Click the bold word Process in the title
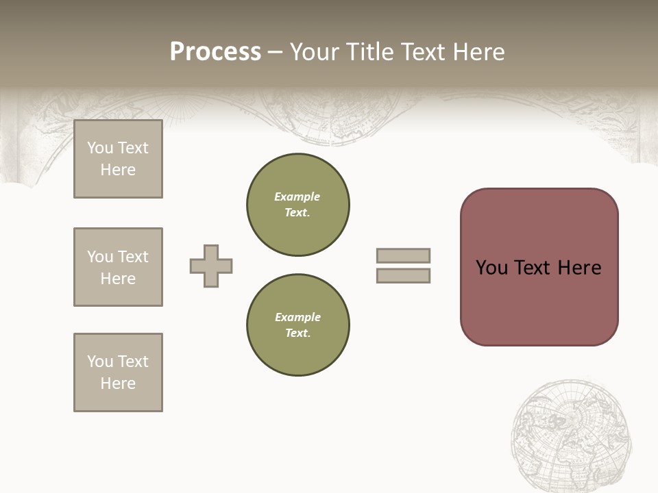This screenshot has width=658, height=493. pos(215,52)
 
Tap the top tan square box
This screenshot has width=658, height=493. pos(118,159)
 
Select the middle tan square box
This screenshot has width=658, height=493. pos(118,267)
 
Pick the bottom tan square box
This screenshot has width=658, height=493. pos(118,372)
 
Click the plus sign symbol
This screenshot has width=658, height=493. pos(211,266)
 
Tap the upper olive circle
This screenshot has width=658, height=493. pos(297,205)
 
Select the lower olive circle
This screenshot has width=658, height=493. pos(297,325)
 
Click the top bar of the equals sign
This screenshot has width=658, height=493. pos(403,255)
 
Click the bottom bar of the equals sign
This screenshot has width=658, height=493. pos(403,275)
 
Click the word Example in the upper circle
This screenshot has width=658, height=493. pos(297,197)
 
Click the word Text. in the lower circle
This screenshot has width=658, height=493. pos(297,333)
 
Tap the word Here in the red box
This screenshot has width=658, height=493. pos(579,268)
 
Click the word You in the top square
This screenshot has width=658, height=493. pos(100,148)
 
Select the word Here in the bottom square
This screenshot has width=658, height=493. pos(118,383)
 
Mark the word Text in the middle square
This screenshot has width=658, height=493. pos(133,257)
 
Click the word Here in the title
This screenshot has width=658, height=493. pos(478,52)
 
